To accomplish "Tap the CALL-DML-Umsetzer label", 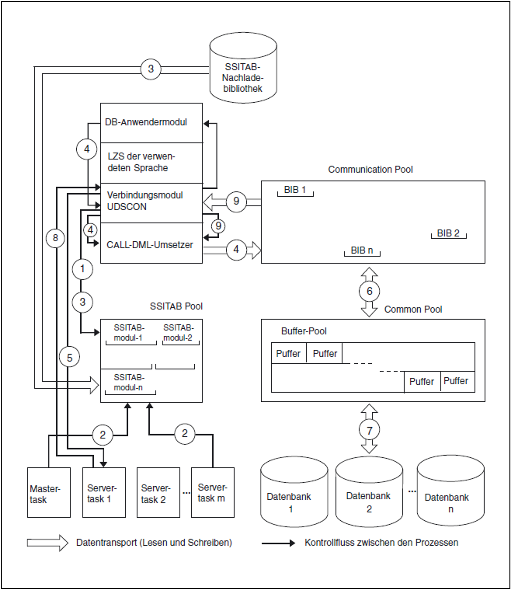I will [149, 245].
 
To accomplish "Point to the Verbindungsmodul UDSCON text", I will [145, 201].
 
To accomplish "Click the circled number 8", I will [55, 238].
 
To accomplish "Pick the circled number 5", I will [69, 358].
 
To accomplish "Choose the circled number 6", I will [369, 291].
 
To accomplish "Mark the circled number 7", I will [369, 430].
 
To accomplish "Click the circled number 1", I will [82, 269].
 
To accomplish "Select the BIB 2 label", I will [448, 233].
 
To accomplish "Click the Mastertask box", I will [49, 494].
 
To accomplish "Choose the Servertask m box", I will [213, 494].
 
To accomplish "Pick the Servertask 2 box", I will [158, 494].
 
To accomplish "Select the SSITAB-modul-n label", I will [129, 383].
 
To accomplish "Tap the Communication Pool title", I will [370, 169].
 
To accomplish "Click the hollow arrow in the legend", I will [47, 543].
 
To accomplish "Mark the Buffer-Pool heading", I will [304, 331].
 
